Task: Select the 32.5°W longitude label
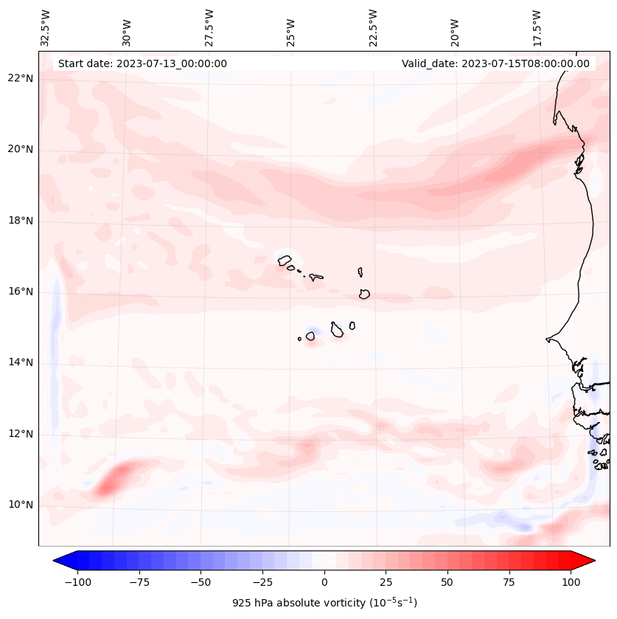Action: [46, 28]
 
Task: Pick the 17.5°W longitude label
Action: [537, 28]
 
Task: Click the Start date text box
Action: [142, 63]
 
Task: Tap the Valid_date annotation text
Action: [495, 63]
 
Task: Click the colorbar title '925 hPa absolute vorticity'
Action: [324, 603]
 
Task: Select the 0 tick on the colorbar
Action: [324, 582]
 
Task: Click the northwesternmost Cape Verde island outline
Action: [285, 260]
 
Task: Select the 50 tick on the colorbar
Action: [447, 582]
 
